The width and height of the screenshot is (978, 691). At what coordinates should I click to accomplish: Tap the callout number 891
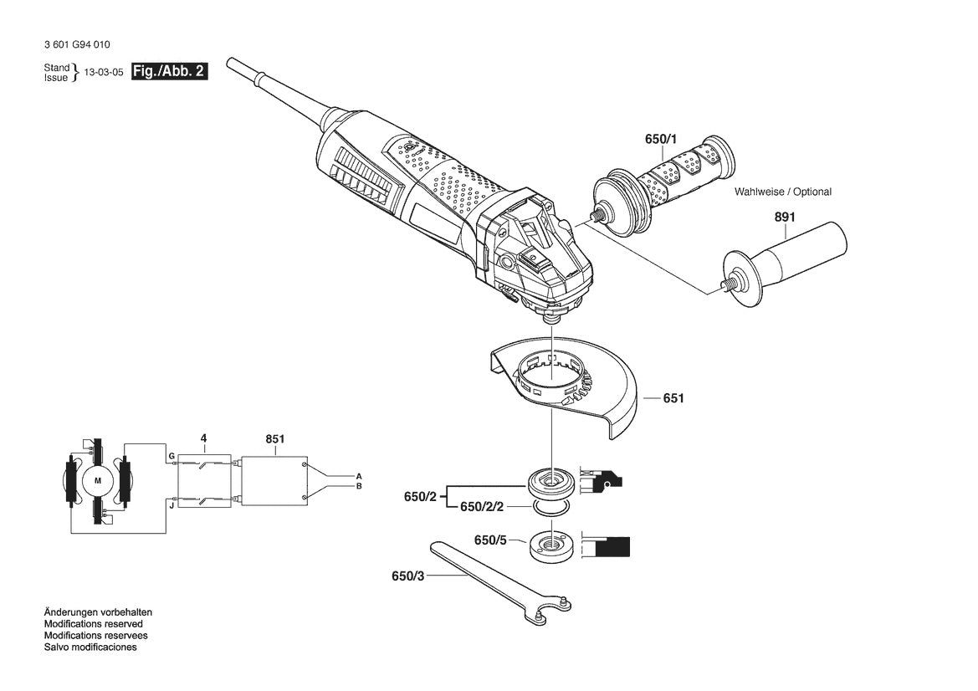click(x=784, y=218)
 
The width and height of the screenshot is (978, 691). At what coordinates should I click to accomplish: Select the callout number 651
click(x=673, y=398)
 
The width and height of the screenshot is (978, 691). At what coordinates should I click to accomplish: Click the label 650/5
click(x=491, y=540)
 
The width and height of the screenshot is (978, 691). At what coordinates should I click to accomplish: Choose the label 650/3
click(x=408, y=576)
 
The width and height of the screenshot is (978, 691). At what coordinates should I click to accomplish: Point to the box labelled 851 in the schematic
click(x=274, y=480)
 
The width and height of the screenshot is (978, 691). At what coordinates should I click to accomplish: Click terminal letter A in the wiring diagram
click(x=359, y=474)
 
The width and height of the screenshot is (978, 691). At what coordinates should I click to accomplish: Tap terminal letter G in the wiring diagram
click(x=171, y=456)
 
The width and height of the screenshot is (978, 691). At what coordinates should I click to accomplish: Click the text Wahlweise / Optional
click(x=783, y=192)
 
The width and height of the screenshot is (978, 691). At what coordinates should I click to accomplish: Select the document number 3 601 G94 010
click(x=74, y=44)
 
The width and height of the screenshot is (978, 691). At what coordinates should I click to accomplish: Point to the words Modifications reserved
click(x=93, y=624)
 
